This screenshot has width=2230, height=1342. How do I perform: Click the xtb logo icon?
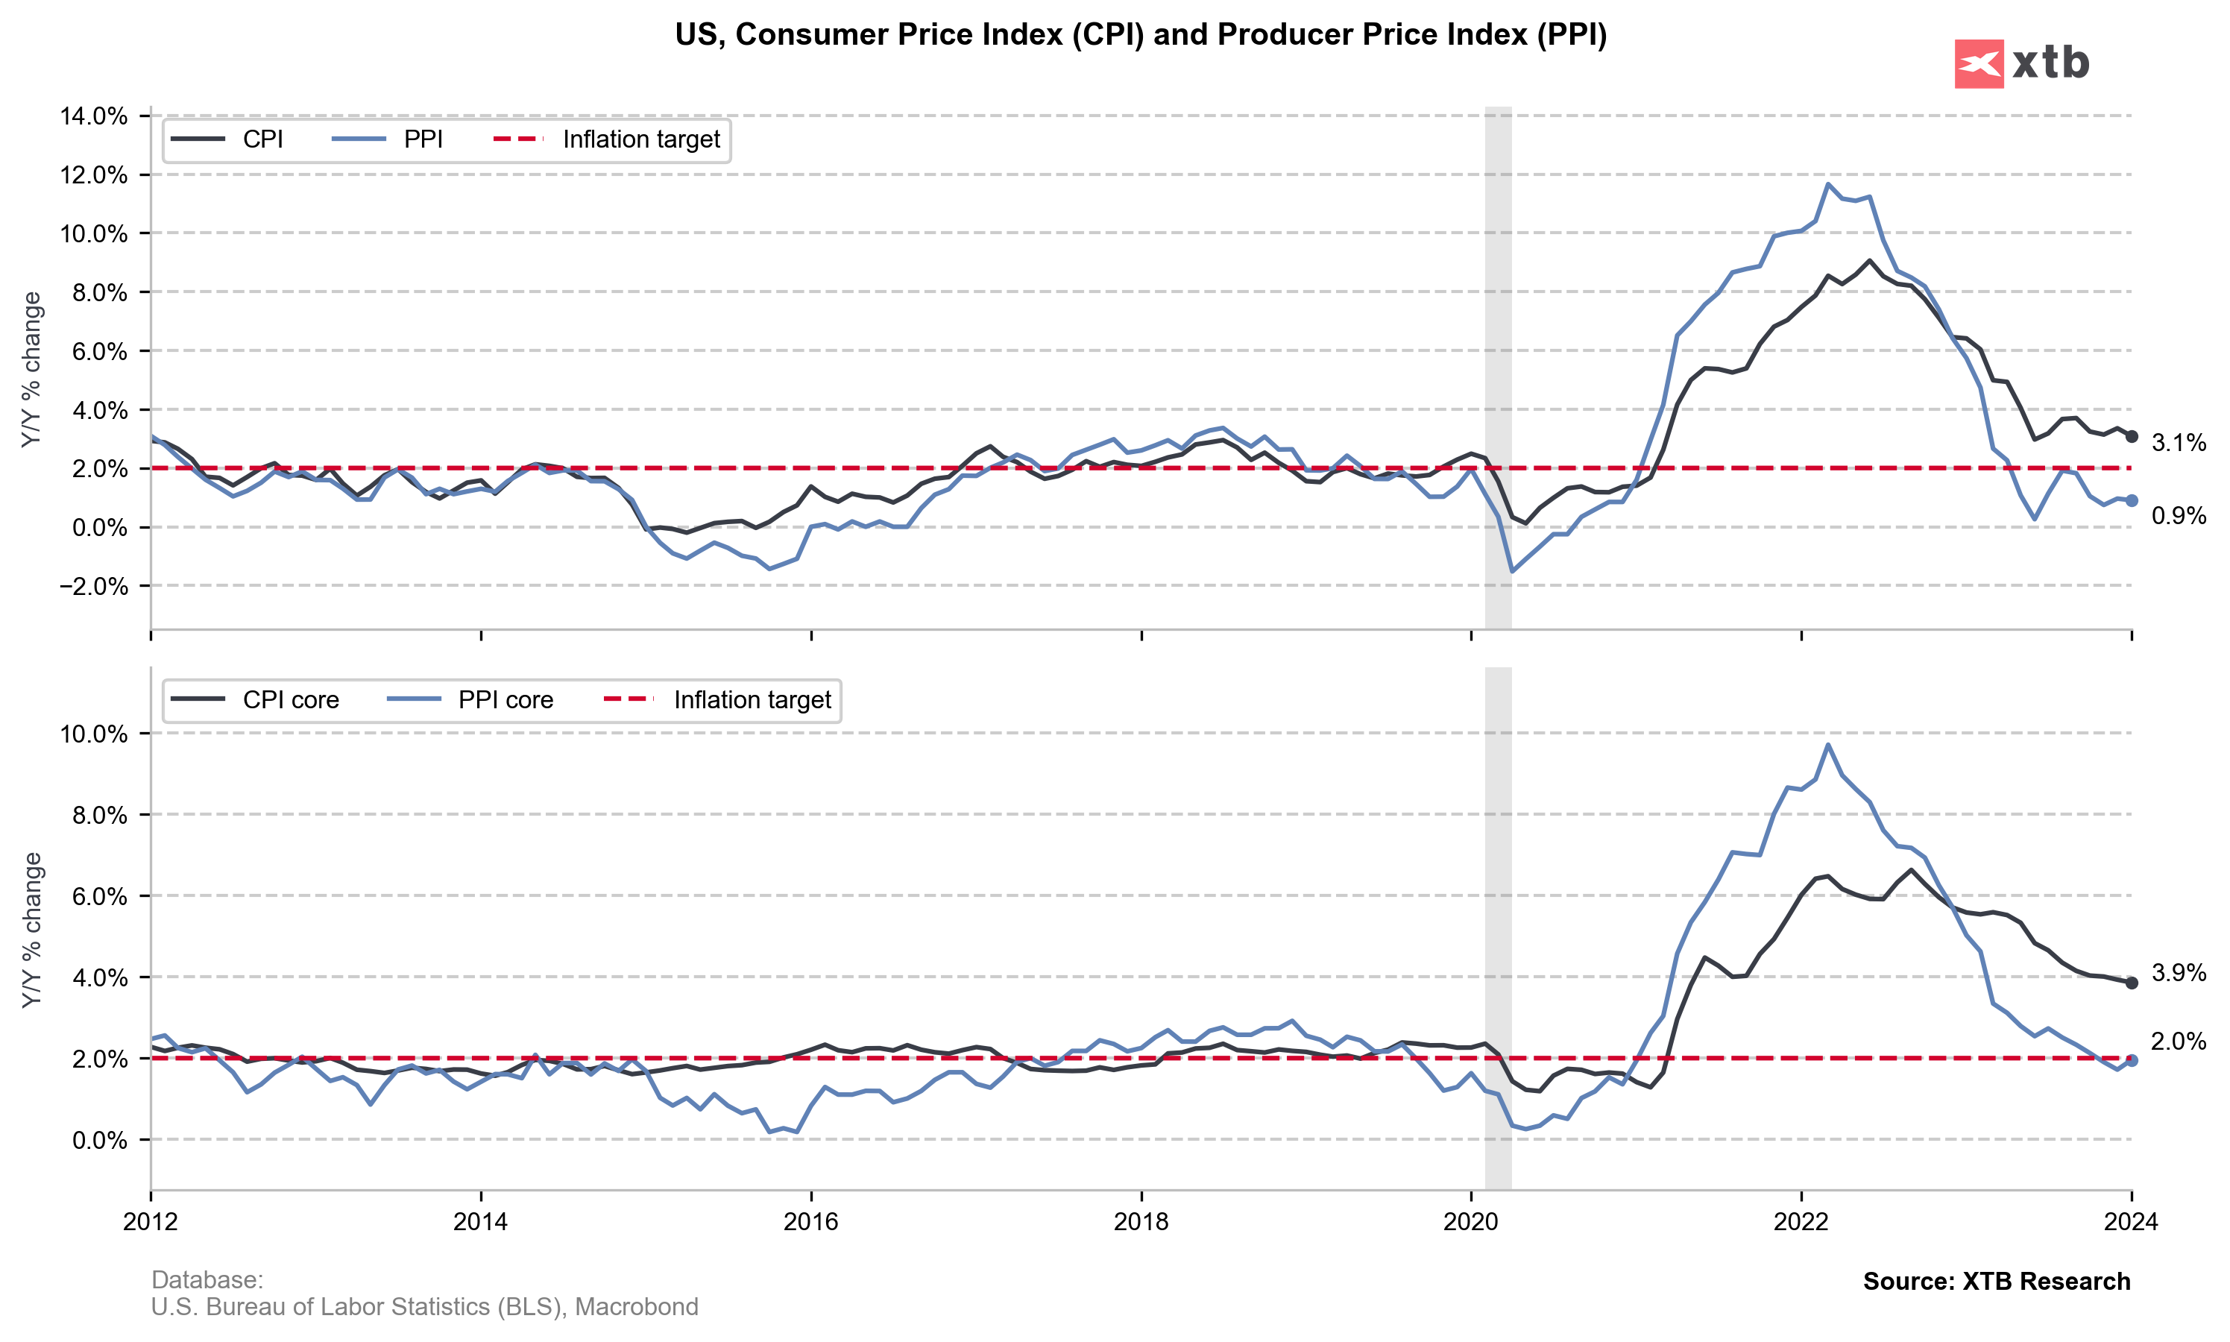(x=1979, y=63)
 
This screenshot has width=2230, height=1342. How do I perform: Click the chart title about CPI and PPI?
(x=1140, y=34)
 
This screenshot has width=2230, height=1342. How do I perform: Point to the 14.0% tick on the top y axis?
(x=93, y=116)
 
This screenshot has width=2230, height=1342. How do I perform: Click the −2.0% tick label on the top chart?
(x=93, y=586)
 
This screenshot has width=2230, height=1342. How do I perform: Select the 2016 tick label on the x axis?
(x=811, y=1222)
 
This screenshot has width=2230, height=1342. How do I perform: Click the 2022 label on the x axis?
(x=1801, y=1222)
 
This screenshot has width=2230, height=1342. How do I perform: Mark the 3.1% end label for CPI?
(x=2178, y=443)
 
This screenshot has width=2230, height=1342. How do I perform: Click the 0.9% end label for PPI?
(x=2178, y=517)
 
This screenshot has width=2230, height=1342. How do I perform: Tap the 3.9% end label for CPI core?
(x=2178, y=973)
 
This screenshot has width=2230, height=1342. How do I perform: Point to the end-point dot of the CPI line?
(x=2132, y=437)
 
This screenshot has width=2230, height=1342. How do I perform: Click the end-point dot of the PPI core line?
(x=2132, y=1061)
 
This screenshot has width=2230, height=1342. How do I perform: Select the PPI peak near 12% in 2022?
(x=1827, y=183)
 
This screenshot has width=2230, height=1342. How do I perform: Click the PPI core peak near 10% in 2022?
(x=1827, y=744)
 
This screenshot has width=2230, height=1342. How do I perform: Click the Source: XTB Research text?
(x=1996, y=1282)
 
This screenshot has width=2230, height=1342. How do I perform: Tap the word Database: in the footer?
(x=207, y=1279)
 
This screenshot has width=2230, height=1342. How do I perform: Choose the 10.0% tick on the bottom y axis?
(x=93, y=734)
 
